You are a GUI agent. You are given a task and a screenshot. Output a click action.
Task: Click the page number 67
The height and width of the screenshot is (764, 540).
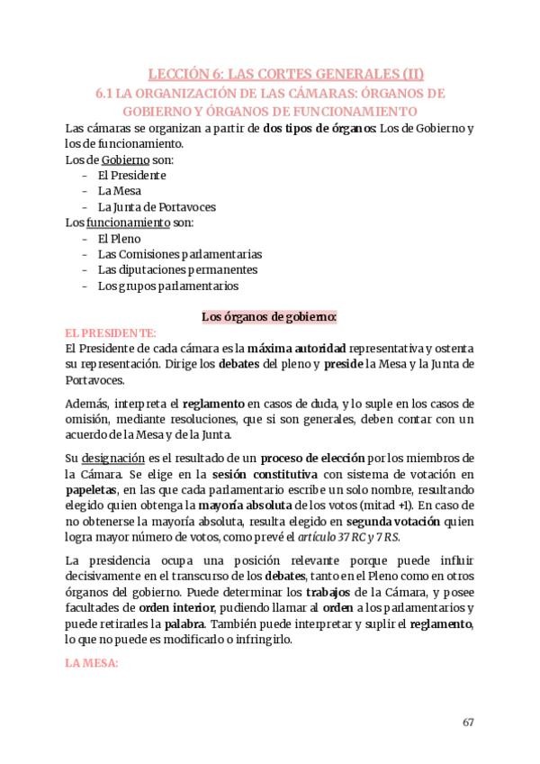click(x=468, y=722)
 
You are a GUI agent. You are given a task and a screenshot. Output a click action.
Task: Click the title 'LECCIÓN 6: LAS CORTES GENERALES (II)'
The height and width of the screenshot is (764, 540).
click(x=285, y=74)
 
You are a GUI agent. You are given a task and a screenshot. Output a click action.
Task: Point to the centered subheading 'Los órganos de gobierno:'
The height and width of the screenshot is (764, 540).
click(x=269, y=317)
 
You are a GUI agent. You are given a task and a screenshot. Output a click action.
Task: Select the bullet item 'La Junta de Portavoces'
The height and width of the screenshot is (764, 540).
click(x=157, y=206)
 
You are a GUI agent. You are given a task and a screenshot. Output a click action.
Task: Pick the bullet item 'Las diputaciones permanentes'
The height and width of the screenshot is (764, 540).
click(x=177, y=269)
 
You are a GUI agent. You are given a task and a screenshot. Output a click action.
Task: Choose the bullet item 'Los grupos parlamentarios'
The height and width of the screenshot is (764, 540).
click(x=168, y=286)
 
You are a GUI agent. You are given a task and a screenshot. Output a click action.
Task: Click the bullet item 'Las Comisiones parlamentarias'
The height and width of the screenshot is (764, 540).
click(x=180, y=254)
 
